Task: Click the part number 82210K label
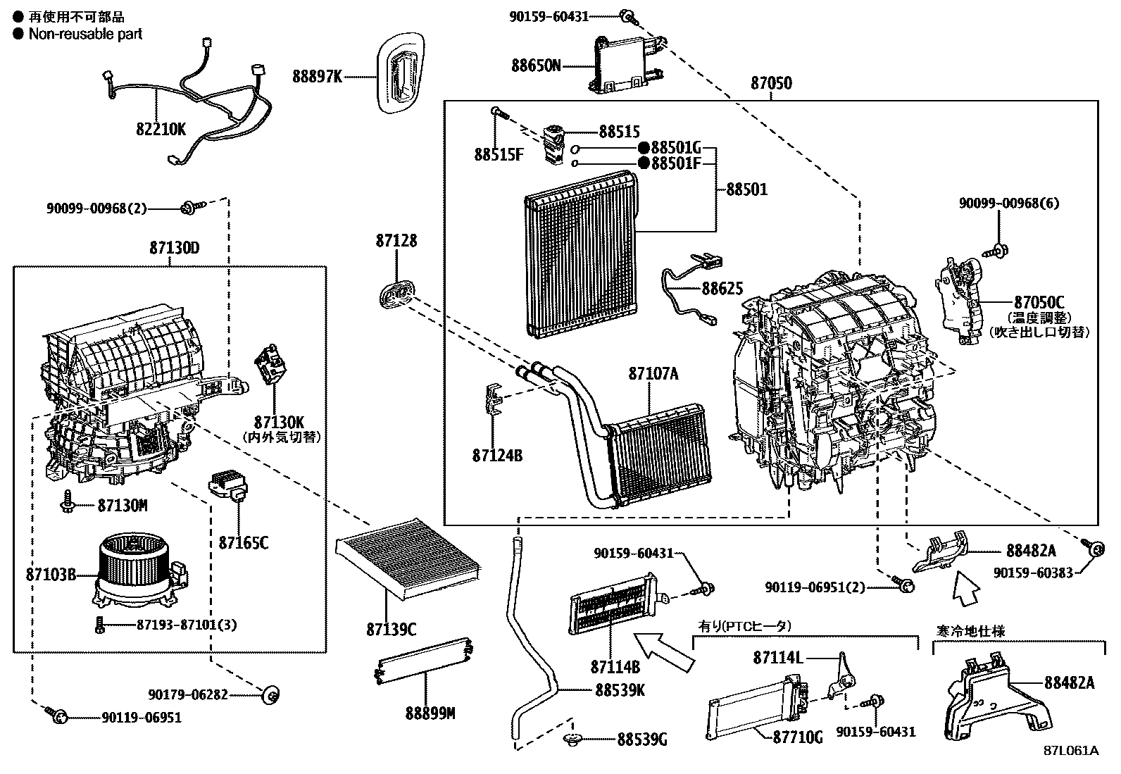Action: pos(161,129)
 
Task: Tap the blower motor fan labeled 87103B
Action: pos(134,570)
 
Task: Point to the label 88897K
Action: pos(318,77)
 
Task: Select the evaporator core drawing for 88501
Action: pos(581,254)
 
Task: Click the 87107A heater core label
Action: pos(653,374)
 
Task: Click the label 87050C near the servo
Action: pos(1039,302)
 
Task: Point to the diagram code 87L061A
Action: pos(1071,751)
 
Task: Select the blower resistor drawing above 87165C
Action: pos(227,487)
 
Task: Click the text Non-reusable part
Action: pos(84,33)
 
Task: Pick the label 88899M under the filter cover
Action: pos(430,713)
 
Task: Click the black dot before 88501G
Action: pos(644,148)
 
